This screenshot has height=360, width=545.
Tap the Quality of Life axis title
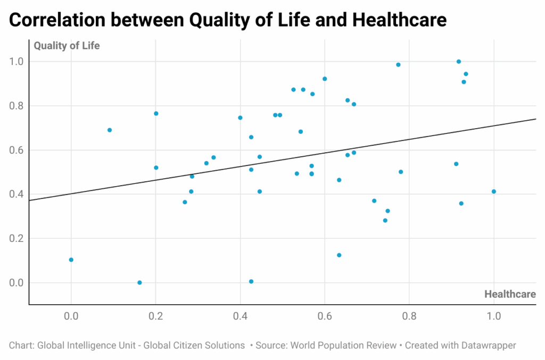pos(67,46)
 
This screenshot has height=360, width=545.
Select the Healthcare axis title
pos(509,294)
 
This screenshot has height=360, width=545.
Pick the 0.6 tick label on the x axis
pos(325,316)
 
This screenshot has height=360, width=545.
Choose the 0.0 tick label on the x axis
pos(71,316)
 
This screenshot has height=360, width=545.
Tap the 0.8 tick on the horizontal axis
pos(409,316)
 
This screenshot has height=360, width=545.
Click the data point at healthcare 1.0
pos(494,191)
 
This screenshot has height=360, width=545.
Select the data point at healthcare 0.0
pos(71,260)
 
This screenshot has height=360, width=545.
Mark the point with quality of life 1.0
pos(459,62)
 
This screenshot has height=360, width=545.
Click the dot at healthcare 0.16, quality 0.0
pos(139,282)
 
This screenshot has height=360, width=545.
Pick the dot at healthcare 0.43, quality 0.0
pos(251,281)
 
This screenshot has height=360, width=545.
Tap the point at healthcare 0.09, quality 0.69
pos(110,130)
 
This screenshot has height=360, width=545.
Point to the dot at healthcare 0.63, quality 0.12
pos(339,255)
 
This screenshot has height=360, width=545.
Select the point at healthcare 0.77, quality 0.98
pos(398,65)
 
